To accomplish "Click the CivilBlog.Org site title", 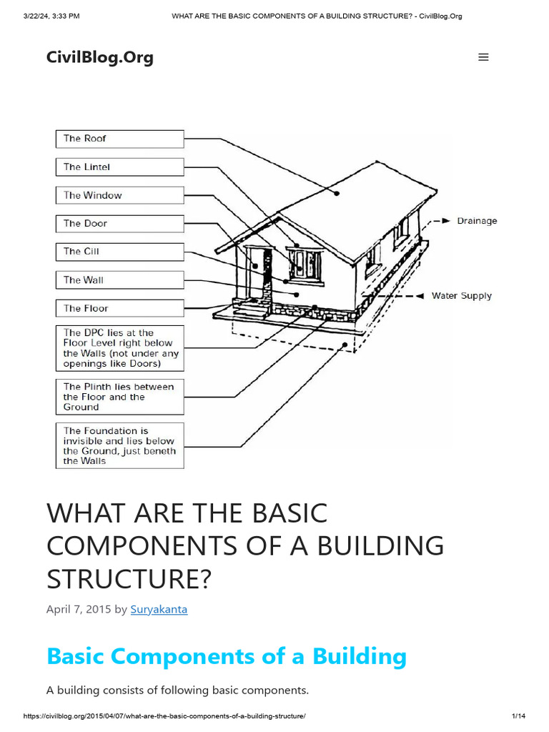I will pos(99,57).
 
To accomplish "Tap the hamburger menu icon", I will pos(483,57).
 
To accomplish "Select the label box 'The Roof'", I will pos(119,139).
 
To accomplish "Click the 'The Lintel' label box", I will pos(119,167).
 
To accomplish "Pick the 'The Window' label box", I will pos(119,195).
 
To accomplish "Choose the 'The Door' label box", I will pos(119,224).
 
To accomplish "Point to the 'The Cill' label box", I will pos(119,252).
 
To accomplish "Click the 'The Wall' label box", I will pos(119,280).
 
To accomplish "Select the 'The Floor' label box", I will pos(119,308).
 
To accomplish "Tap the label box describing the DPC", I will pos(119,348).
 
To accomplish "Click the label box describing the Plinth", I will pos(119,397).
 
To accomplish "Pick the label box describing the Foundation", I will pos(119,446).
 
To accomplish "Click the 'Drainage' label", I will pos(477,221).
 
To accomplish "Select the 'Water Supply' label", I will pos(461,296).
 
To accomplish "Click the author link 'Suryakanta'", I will pos(159,610).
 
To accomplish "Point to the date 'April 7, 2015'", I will pos(79,610).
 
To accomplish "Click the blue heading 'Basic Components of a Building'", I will pos(226,656).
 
